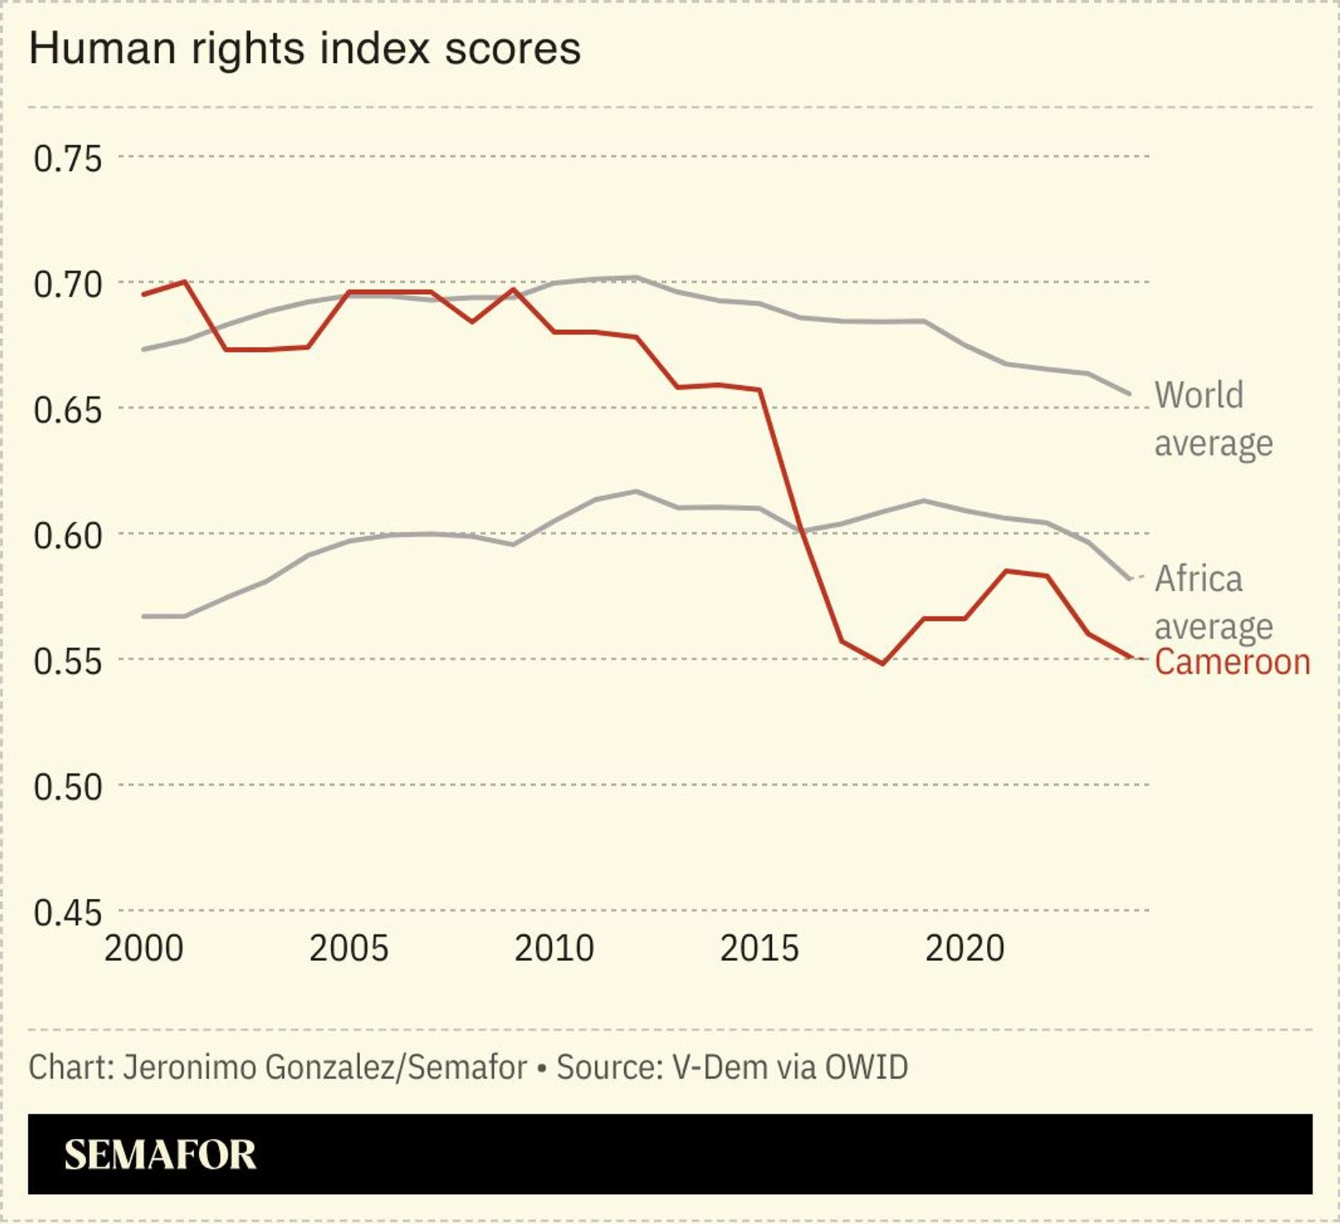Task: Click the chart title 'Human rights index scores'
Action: tap(305, 49)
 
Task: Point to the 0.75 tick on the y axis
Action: tap(68, 158)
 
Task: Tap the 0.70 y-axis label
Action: tap(68, 284)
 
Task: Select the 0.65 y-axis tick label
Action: tap(68, 410)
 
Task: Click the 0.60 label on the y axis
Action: tap(68, 535)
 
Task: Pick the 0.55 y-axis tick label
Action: tap(68, 661)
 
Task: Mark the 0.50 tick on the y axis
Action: tap(68, 786)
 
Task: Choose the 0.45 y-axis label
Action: tap(68, 912)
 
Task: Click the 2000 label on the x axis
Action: tap(144, 948)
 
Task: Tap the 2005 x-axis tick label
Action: tap(349, 948)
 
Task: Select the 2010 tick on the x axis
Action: tap(554, 948)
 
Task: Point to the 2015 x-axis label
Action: tap(759, 948)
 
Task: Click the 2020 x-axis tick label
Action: tap(965, 948)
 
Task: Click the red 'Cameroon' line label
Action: tap(1233, 662)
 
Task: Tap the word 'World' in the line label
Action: tap(1199, 395)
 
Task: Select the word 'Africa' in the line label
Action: tap(1199, 579)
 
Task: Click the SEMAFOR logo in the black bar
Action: tap(161, 1155)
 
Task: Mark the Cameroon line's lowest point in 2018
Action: tap(883, 664)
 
